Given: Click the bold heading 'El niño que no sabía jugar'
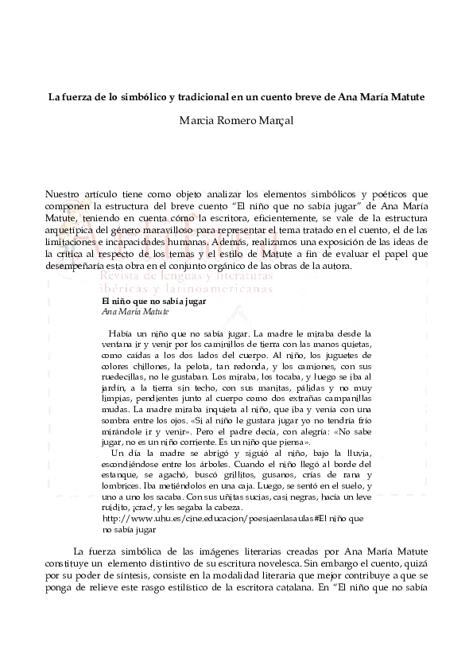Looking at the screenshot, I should (x=143, y=302).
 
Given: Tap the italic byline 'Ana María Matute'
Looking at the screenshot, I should (x=130, y=312).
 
